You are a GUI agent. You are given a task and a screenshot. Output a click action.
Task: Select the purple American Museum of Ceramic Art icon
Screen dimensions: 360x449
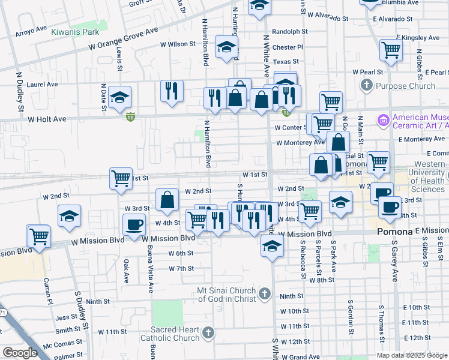(383, 121)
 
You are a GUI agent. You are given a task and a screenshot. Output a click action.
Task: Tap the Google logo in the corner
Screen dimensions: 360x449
(20, 353)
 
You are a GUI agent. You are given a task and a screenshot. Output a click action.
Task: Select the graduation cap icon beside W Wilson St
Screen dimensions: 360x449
(226, 48)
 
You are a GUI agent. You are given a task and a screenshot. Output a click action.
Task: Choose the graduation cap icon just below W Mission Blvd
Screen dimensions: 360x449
(272, 245)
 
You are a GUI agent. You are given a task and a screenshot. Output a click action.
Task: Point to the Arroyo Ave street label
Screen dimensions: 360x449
(32, 29)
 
